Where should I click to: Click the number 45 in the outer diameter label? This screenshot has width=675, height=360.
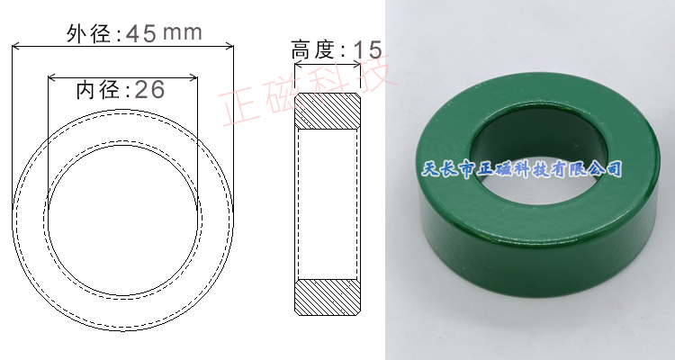[141, 33]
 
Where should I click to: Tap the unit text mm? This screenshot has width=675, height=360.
[184, 33]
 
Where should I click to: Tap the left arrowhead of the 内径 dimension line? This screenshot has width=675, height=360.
[50, 77]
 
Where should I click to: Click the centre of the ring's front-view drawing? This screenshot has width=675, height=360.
[122, 220]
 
